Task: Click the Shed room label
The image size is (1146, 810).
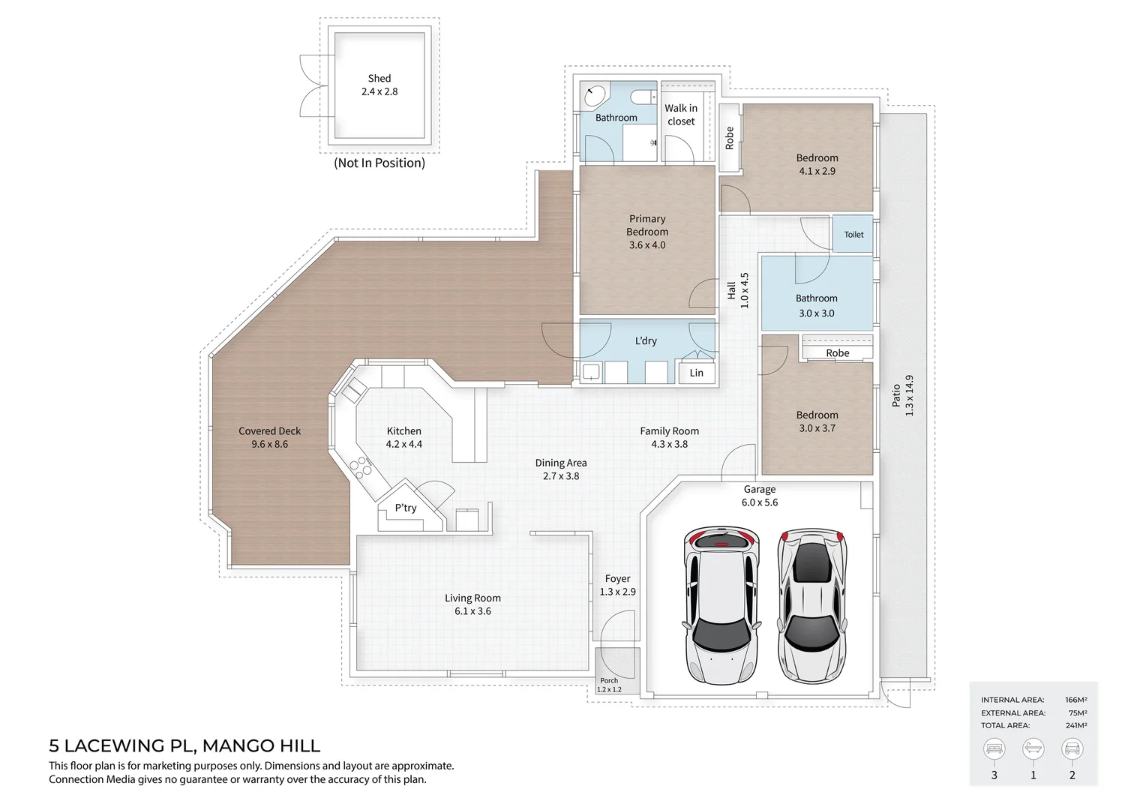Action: click(x=379, y=78)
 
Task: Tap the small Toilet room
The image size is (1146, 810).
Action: click(x=853, y=235)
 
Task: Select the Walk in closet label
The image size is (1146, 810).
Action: click(x=681, y=115)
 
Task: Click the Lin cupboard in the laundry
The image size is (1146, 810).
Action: click(x=697, y=373)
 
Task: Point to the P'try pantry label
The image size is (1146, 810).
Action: click(x=406, y=508)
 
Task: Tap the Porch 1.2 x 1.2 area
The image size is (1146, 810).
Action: click(x=609, y=685)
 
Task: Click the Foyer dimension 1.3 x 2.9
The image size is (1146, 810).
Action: click(x=617, y=592)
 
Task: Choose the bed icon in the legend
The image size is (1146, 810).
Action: click(x=994, y=748)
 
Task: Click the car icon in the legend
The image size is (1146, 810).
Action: click(x=1072, y=748)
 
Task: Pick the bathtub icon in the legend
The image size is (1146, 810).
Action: click(x=1033, y=748)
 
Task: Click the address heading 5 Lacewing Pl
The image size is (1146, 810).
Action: click(x=184, y=746)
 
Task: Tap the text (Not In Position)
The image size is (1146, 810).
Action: click(x=379, y=163)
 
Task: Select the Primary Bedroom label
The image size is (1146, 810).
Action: click(x=647, y=225)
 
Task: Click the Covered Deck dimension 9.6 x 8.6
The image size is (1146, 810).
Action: click(x=270, y=444)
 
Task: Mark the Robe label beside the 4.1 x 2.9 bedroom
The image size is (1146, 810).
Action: click(x=730, y=137)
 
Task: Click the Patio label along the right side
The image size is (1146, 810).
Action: click(x=896, y=395)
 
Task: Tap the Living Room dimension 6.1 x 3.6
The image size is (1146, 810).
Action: click(x=472, y=611)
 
